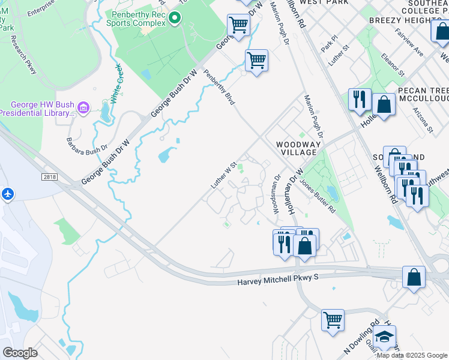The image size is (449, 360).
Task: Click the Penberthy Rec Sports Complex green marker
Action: [x=175, y=18]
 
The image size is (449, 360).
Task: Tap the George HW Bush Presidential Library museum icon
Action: [x=83, y=109]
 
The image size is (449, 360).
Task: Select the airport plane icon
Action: [x=7, y=194]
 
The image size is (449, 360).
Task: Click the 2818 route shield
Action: [x=50, y=176]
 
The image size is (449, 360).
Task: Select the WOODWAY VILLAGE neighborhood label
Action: [x=296, y=148]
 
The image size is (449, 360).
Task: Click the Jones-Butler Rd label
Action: [x=318, y=196]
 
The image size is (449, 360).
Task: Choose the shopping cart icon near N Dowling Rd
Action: [x=333, y=319]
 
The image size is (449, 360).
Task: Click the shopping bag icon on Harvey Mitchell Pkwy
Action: [x=414, y=277]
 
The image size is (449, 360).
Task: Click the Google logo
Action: [x=20, y=353]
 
